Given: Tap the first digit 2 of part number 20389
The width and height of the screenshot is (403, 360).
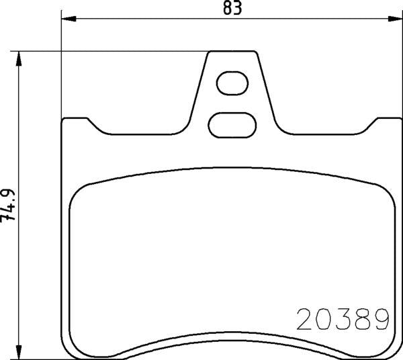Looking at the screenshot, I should click(x=305, y=318).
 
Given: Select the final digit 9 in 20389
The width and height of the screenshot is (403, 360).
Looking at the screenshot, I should click(x=382, y=318).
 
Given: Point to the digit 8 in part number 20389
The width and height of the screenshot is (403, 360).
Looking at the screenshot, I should click(x=363, y=318).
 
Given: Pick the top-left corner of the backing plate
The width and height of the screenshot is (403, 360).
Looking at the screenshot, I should click(x=65, y=120).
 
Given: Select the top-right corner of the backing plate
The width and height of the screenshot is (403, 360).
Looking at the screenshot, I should click(x=397, y=120).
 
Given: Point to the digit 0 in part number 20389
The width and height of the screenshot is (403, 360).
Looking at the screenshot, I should click(x=324, y=318).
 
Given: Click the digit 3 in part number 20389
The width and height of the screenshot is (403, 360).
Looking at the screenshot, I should click(x=343, y=318).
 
